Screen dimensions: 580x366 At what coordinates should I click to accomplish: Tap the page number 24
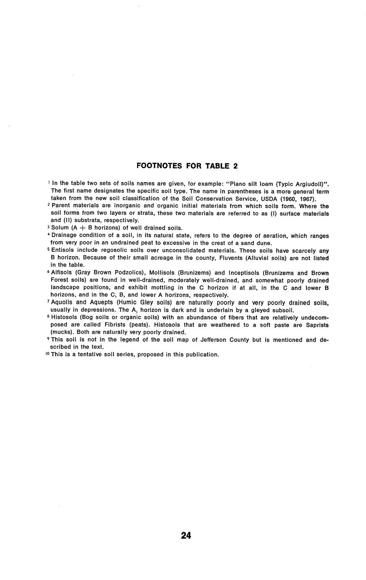[186, 535]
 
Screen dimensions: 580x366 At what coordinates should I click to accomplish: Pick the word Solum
[60, 228]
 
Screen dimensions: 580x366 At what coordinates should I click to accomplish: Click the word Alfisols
[63, 273]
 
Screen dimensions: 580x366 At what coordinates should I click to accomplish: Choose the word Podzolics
[126, 273]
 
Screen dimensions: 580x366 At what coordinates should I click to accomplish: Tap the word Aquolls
[64, 303]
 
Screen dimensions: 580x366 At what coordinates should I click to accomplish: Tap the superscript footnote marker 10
[47, 354]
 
